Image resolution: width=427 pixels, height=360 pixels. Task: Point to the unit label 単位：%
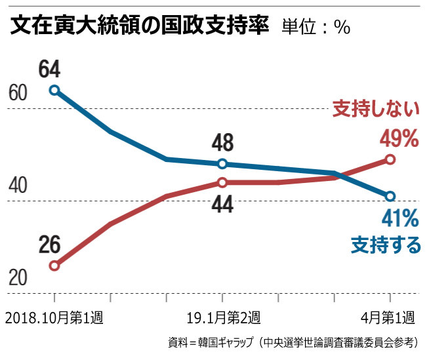click(x=315, y=28)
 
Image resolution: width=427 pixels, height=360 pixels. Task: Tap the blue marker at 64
click(x=54, y=90)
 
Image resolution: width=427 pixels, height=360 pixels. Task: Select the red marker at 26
click(x=54, y=266)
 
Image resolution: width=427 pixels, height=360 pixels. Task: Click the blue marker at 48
click(x=222, y=164)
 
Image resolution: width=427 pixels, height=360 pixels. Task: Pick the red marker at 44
click(x=222, y=182)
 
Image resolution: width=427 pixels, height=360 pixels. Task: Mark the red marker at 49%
click(x=390, y=159)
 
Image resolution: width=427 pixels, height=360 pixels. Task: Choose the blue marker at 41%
click(x=390, y=196)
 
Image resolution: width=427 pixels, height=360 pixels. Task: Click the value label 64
click(x=49, y=68)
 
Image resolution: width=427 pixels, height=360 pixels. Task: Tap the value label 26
click(x=49, y=245)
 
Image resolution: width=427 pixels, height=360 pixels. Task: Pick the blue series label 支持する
click(x=386, y=245)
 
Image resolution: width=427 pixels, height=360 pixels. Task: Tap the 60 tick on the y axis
click(x=18, y=93)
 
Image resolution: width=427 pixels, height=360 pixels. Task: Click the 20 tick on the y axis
click(x=18, y=278)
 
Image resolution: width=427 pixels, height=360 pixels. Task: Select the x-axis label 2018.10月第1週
click(x=54, y=318)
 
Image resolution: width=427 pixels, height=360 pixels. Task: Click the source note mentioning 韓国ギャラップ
click(x=292, y=342)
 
